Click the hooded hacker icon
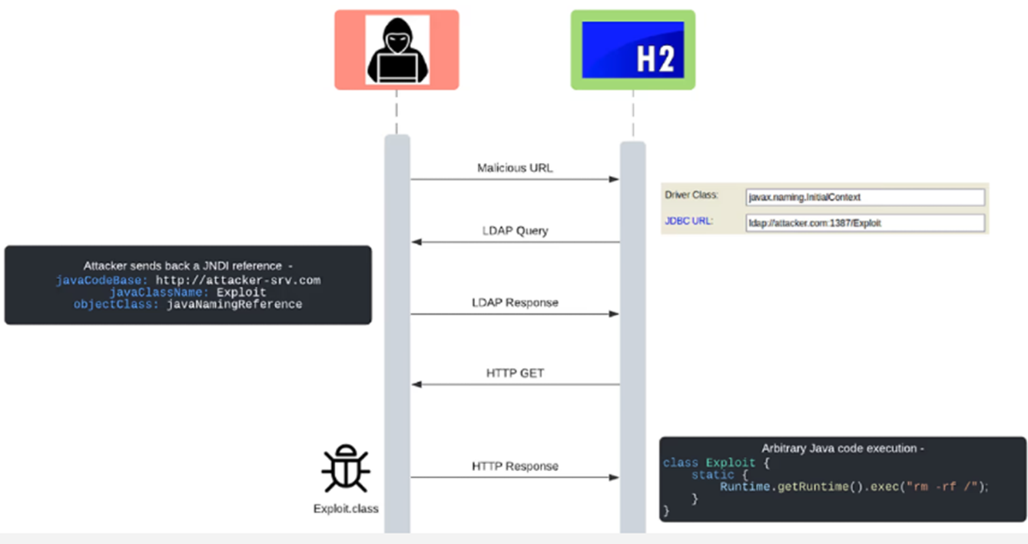[396, 50]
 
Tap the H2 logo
[632, 50]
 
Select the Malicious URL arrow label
[515, 168]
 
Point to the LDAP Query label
[515, 231]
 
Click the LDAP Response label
[515, 303]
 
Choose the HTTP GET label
[515, 373]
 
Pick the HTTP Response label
[515, 466]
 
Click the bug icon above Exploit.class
[346, 469]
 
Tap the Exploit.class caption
[346, 509]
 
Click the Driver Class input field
[864, 197]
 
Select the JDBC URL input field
[864, 223]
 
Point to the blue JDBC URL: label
[688, 221]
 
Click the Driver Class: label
[691, 195]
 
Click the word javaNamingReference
[234, 304]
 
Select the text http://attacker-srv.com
[238, 280]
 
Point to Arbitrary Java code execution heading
[843, 449]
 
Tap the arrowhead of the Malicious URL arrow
[615, 180]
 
